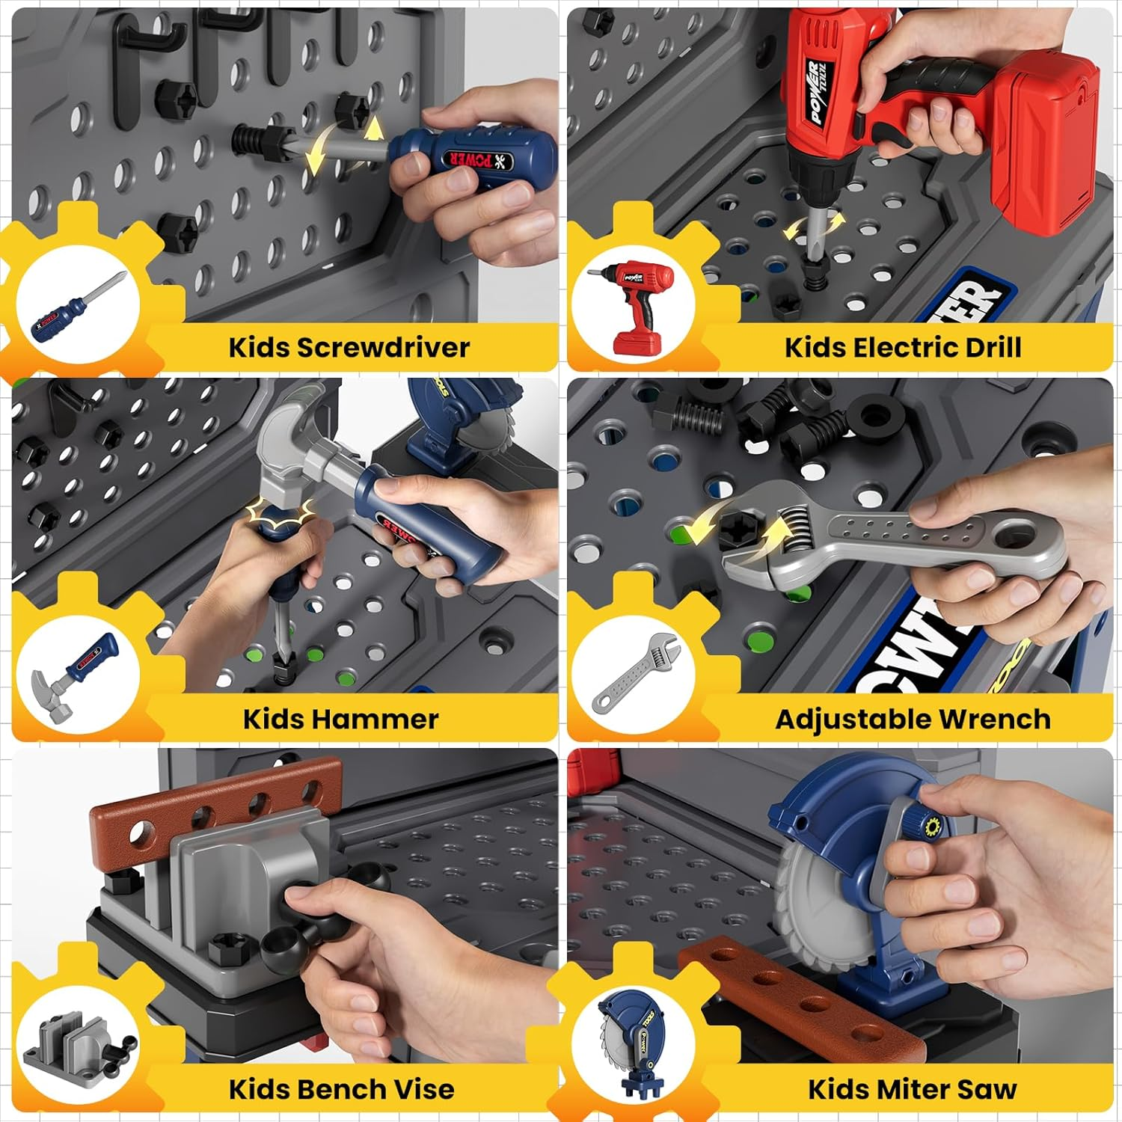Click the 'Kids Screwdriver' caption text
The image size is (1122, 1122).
pos(349,348)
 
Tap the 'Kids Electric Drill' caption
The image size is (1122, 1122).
pos(902,348)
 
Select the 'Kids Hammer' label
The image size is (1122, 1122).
pos(340,719)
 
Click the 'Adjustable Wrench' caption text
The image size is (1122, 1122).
pos(913,719)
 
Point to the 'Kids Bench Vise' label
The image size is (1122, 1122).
pos(341,1089)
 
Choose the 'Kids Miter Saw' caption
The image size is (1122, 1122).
pos(912,1089)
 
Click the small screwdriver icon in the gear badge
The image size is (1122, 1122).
pos(77,307)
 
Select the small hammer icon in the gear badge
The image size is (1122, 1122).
pos(75,677)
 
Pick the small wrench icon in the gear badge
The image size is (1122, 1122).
pos(636,673)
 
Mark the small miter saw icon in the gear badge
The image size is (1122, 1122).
pos(632,1043)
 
